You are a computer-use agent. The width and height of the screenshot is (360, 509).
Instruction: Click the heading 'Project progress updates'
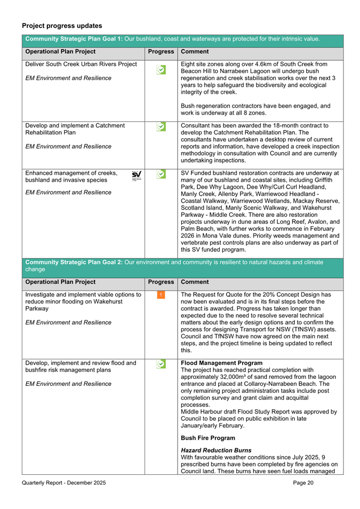point(62,26)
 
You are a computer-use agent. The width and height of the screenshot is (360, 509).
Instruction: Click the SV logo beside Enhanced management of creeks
point(137,175)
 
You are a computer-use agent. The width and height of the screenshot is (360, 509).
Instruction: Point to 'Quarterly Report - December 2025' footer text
point(64,483)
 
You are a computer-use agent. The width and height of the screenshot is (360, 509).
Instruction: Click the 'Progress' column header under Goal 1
point(161,52)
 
